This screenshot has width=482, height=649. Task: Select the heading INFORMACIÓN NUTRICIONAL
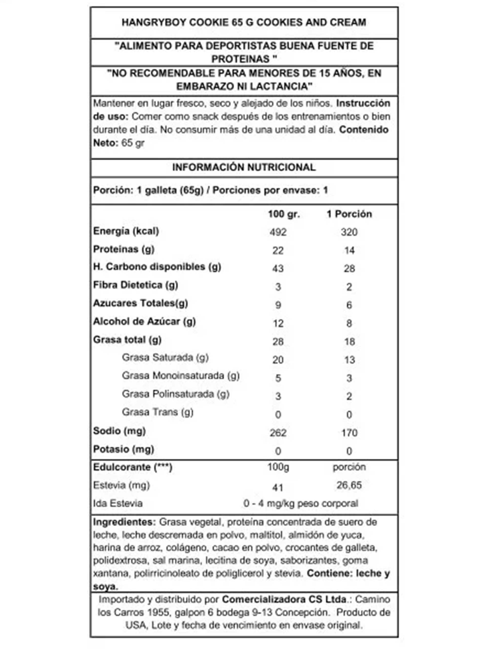coord(244,167)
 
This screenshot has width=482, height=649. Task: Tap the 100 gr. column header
coord(284,214)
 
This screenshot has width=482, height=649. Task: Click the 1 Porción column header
coord(349,214)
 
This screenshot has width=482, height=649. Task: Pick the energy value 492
coord(278,232)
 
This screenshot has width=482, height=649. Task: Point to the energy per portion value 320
coord(349,232)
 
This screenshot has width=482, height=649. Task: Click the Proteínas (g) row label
coord(124,249)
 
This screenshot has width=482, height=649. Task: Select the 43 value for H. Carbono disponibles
coord(278,268)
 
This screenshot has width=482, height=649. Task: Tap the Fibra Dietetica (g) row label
coord(135,285)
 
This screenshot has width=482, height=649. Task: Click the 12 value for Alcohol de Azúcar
coord(278,323)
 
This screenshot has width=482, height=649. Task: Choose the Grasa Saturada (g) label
coord(165,358)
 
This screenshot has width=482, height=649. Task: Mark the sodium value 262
coord(278,433)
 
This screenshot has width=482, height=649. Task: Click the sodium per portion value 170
coord(349,433)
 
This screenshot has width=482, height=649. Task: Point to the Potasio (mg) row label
coord(123,449)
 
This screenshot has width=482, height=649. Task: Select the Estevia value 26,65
coord(349,485)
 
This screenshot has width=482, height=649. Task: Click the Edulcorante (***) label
coord(132,467)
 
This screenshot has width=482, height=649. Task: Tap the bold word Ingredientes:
coord(124,522)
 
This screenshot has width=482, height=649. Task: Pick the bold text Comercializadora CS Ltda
coord(284,599)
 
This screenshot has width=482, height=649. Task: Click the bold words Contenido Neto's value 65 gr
coord(133,143)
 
